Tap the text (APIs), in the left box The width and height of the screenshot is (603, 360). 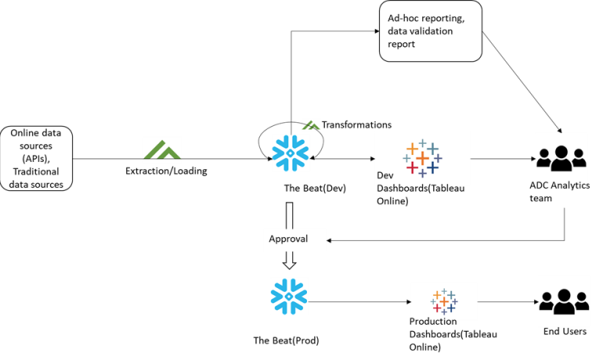pos(36,158)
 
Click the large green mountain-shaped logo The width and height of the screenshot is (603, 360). pos(162,149)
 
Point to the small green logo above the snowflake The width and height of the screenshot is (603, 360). pos(311,125)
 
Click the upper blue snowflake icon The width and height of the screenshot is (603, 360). pos(290,153)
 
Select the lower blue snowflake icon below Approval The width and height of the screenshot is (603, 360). pos(289,297)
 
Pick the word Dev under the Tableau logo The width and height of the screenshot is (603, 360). pos(385,176)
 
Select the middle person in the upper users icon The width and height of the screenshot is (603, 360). pos(561,153)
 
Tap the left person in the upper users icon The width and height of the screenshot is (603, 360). pos(545,157)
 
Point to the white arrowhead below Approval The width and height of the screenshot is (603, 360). pos(289,261)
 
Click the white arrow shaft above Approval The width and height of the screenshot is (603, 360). pos(289,215)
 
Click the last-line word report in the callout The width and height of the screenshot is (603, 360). pos(401,45)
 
